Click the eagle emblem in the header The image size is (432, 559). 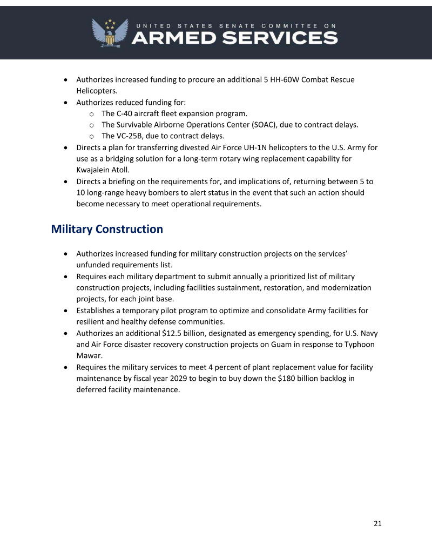(x=110, y=33)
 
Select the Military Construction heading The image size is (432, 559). (x=107, y=229)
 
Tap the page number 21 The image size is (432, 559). (x=377, y=523)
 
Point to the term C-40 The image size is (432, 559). (x=126, y=113)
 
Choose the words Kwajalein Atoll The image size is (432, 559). (x=103, y=170)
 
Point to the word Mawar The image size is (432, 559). (x=89, y=356)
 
